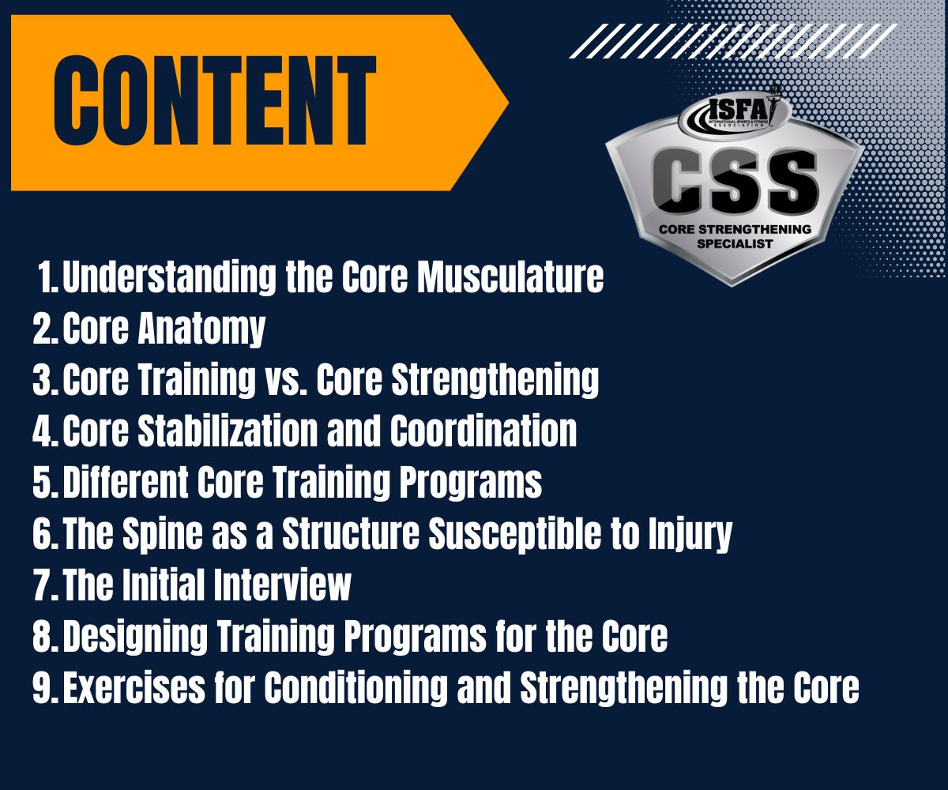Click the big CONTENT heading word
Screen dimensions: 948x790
pos(215,100)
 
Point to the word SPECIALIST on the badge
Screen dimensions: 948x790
pos(735,244)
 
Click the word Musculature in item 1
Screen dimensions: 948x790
pos(511,277)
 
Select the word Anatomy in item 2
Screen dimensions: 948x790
pos(201,329)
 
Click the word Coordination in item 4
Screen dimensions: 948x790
pos(483,431)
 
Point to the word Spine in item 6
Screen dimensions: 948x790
pos(162,534)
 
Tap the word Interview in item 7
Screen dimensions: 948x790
pos(282,585)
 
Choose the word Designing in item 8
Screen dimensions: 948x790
pos(135,637)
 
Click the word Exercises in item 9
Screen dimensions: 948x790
pos(134,687)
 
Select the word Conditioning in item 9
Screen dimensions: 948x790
pos(355,688)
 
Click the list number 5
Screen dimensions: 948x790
pos(45,482)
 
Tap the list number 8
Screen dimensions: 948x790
pos(45,636)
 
